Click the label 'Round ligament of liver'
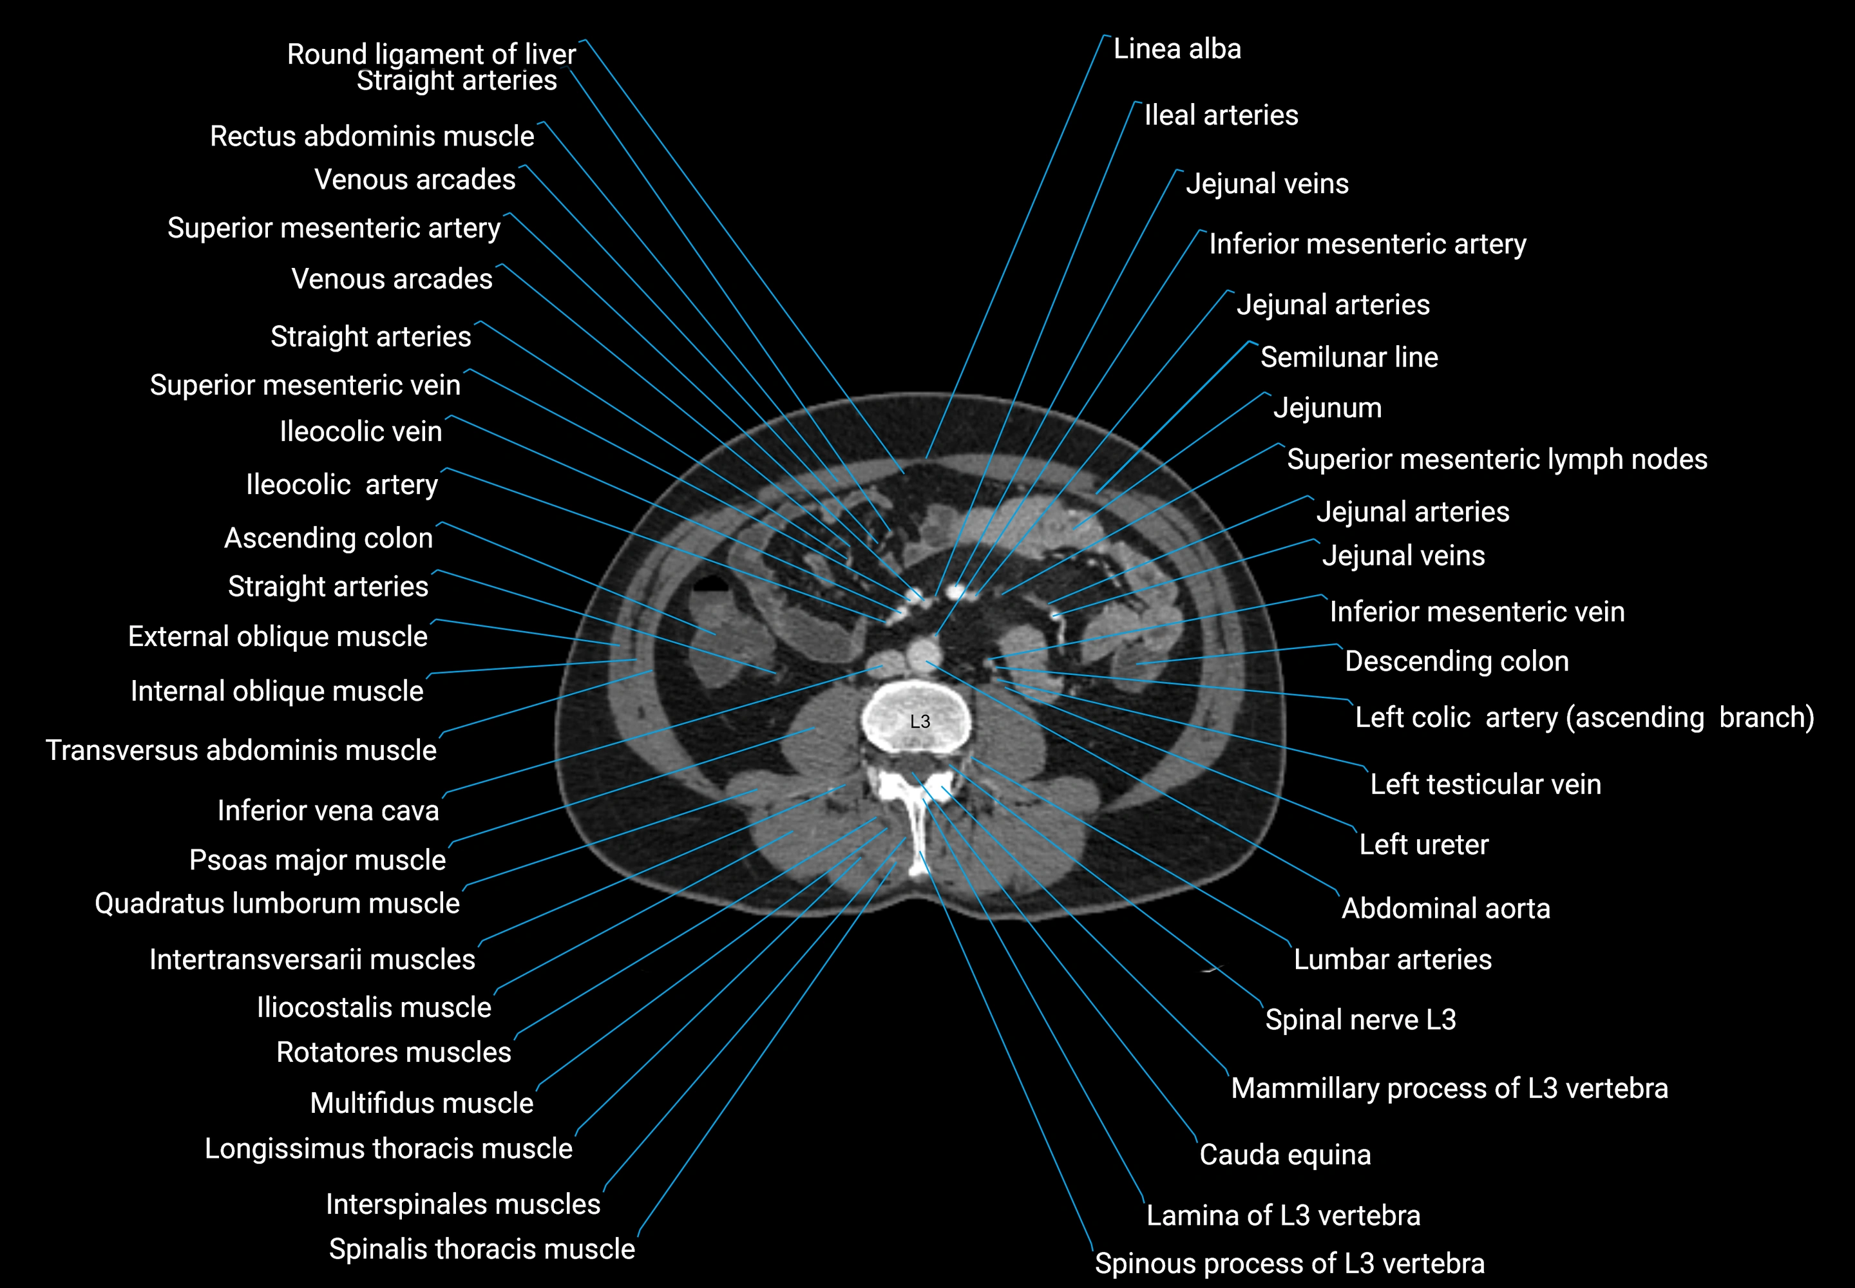point(431,54)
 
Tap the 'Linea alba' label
point(1176,49)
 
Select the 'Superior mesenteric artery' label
point(334,229)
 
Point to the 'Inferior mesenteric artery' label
point(1367,243)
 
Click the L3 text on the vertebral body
point(919,721)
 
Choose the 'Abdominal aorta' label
point(1445,909)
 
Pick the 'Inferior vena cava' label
point(328,810)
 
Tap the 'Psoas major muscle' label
point(318,860)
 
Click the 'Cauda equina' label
point(1284,1155)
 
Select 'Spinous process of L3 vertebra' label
point(1289,1263)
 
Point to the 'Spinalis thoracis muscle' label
point(481,1249)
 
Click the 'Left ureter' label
point(1423,845)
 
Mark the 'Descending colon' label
point(1456,662)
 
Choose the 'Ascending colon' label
point(328,538)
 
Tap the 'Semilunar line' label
point(1349,357)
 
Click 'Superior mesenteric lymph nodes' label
point(1497,460)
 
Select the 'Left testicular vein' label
point(1485,784)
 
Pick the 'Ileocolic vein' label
point(360,431)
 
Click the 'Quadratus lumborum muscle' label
point(277,904)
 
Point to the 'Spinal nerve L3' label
point(1360,1020)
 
